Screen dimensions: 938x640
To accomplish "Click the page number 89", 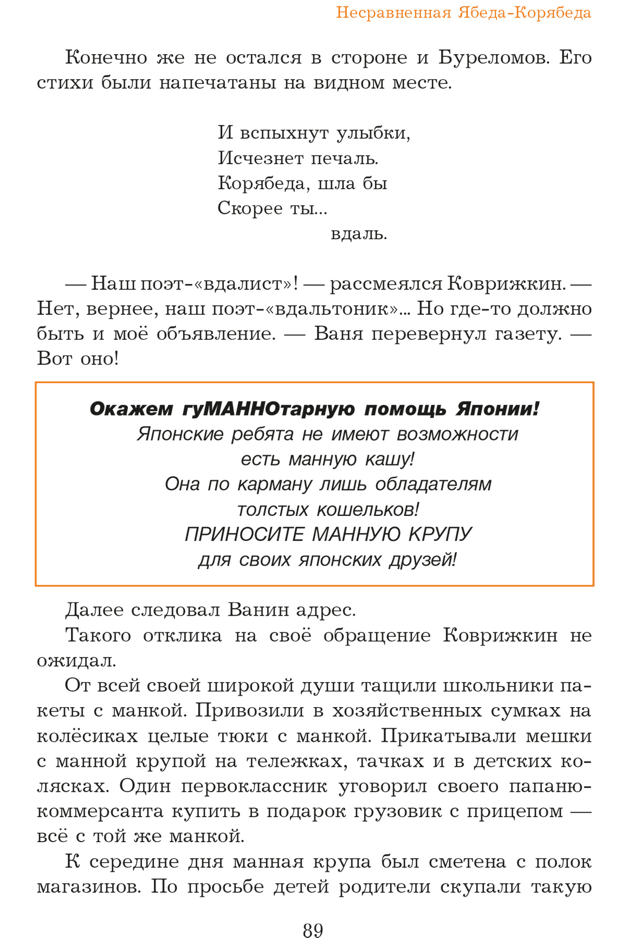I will pyautogui.click(x=313, y=930).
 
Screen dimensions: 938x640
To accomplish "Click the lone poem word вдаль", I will pyautogui.click(x=359, y=234).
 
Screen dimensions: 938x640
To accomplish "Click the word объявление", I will pyautogui.click(x=216, y=334).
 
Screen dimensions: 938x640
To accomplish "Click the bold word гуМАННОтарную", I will pyautogui.click(x=269, y=409).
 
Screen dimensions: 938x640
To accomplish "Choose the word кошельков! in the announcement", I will pyautogui.click(x=367, y=510).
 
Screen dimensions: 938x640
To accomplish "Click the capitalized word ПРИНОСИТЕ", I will pyautogui.click(x=244, y=535).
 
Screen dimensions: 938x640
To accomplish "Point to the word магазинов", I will pyautogui.click(x=89, y=887).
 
